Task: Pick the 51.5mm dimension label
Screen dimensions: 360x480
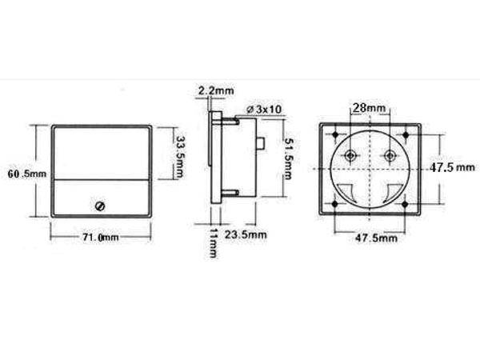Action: (290, 157)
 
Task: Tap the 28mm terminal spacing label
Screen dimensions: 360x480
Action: (369, 107)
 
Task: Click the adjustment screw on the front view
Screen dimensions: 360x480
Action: (100, 206)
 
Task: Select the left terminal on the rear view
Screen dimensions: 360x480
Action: (350, 155)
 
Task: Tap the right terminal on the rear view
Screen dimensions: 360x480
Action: (390, 155)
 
